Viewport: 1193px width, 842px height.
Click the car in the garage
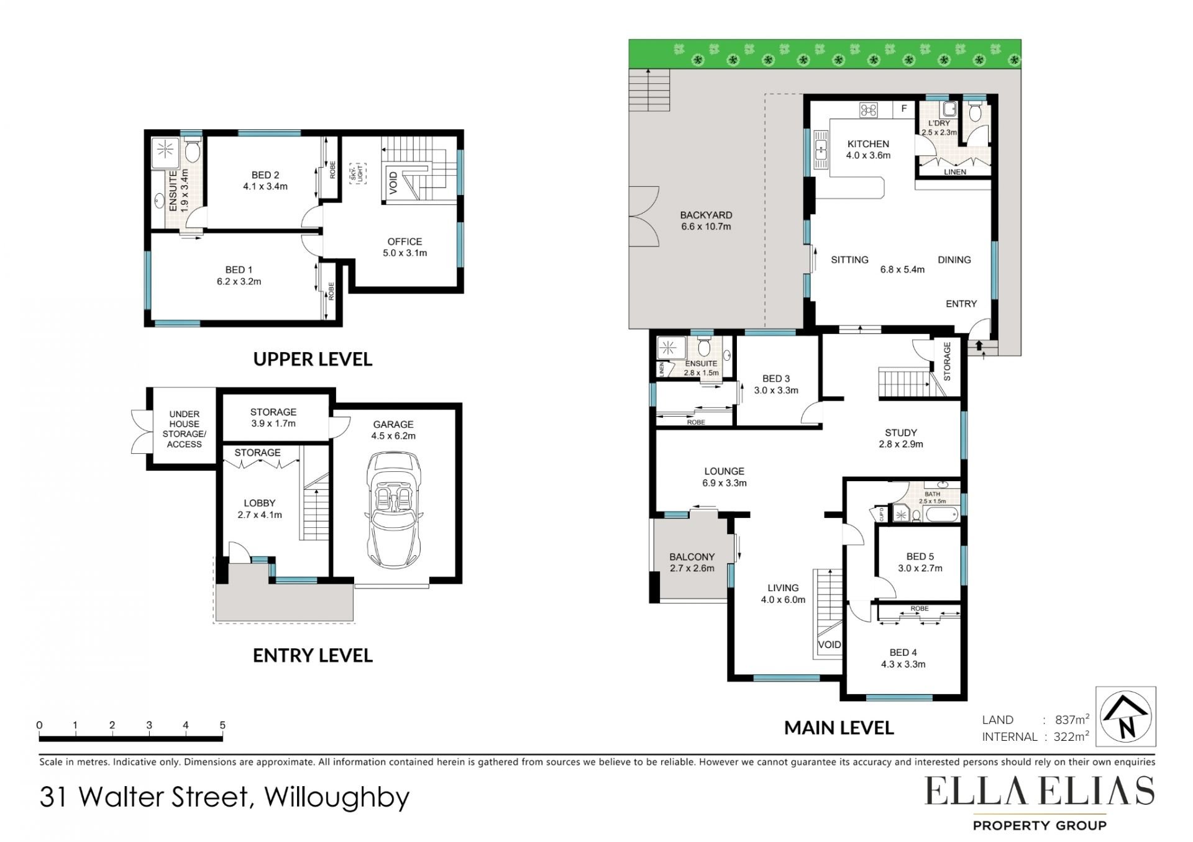point(393,509)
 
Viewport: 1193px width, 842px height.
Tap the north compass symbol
point(1125,716)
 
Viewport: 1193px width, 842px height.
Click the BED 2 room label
point(265,175)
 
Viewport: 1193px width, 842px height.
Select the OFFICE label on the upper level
point(405,242)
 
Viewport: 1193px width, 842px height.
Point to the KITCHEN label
point(868,144)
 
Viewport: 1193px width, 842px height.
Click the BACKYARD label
point(706,215)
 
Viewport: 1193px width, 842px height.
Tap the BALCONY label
point(692,557)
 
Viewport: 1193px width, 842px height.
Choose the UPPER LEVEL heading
point(313,359)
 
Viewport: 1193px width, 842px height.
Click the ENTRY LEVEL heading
point(313,655)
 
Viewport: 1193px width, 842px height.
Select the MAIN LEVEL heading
point(839,728)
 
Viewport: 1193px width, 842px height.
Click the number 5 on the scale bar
point(222,725)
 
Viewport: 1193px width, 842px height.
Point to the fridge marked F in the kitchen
point(904,109)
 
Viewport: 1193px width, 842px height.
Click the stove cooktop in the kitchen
point(868,110)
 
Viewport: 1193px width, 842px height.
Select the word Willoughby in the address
point(337,797)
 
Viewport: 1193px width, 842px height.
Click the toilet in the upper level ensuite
point(193,150)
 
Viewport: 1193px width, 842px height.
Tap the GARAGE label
point(393,425)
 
